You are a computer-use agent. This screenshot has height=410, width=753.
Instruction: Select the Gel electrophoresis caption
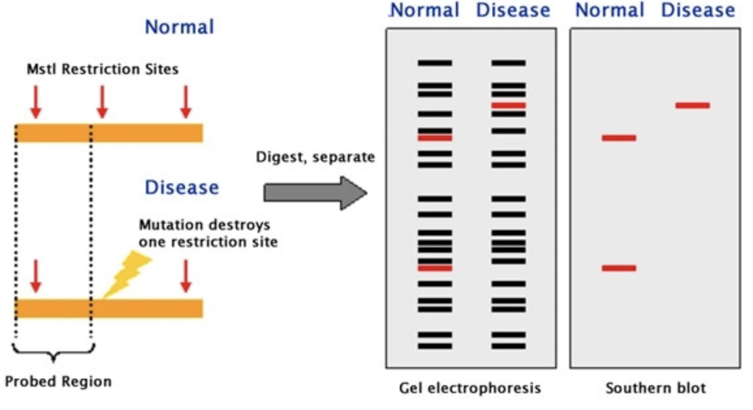tap(470, 389)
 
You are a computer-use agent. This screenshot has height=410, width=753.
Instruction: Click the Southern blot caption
tap(655, 389)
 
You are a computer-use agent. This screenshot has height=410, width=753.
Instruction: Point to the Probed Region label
tap(58, 381)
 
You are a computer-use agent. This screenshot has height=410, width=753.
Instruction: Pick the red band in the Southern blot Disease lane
tap(692, 105)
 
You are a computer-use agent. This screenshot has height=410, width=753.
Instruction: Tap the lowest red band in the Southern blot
tap(619, 267)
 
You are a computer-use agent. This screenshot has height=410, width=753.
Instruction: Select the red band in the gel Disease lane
tap(508, 105)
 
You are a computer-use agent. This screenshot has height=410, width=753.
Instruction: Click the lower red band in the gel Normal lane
tap(434, 267)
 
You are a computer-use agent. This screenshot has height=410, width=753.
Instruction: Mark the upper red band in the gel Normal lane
tap(434, 137)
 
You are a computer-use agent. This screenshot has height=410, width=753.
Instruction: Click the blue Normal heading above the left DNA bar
tap(179, 27)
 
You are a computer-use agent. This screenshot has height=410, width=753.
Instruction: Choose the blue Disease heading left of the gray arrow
tap(182, 187)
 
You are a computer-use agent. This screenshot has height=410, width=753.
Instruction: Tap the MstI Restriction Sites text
tap(102, 69)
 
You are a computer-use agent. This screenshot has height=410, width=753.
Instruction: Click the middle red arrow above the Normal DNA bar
tap(102, 101)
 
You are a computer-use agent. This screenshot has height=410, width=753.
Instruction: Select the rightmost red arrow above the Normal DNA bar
tap(186, 101)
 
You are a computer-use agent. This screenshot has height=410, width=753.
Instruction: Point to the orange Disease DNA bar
tap(109, 308)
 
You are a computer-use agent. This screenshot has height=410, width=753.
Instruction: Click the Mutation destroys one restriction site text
tap(204, 234)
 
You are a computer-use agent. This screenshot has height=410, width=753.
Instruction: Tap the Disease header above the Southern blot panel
tap(698, 10)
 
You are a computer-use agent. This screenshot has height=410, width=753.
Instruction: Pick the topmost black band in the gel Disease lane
tap(508, 63)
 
